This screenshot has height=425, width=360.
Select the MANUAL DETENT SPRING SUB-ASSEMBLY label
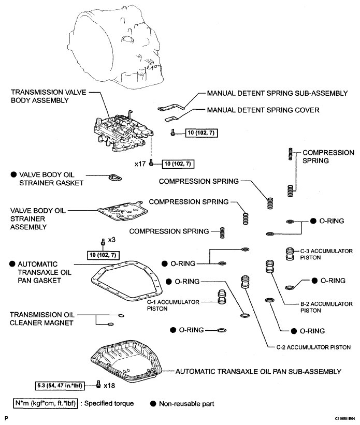tap(277, 93)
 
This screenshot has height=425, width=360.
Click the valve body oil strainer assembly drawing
tap(122, 212)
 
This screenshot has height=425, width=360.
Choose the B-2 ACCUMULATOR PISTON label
tap(318, 307)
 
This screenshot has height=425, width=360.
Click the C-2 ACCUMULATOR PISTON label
tap(310, 347)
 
